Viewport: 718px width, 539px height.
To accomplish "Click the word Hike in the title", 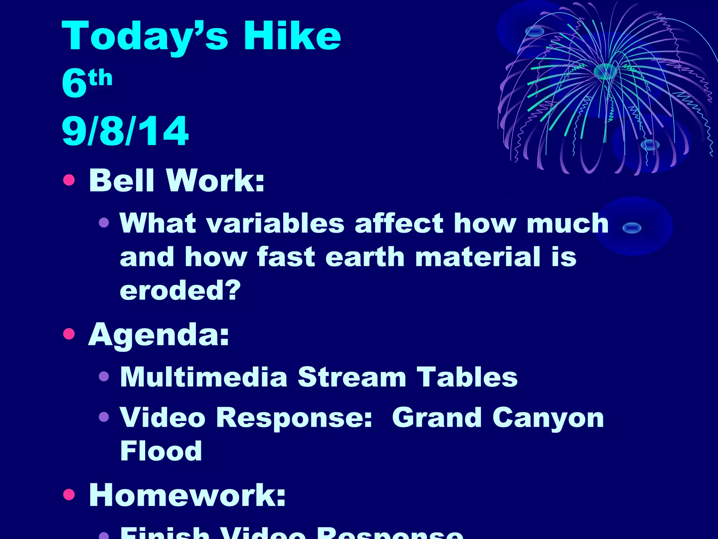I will click(292, 36).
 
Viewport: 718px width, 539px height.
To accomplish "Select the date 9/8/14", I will click(125, 131).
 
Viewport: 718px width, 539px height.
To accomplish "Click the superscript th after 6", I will click(101, 78).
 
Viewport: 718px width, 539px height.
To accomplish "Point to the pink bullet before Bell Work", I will click(69, 180).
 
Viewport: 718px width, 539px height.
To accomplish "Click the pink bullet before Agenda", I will click(69, 334).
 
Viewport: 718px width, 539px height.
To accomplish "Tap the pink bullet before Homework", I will click(69, 494).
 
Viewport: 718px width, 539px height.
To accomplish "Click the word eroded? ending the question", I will click(180, 290).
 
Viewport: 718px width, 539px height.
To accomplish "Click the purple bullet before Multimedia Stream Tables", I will click(104, 377).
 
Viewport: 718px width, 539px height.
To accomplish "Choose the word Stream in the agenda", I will click(352, 377).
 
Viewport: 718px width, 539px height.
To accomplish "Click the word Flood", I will click(161, 451).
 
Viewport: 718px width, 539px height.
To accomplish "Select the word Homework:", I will click(187, 495).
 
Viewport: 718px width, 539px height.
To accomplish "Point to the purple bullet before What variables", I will click(104, 222).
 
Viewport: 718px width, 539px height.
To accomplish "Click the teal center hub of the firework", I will click(605, 71).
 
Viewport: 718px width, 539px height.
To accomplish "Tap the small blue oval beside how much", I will click(632, 228).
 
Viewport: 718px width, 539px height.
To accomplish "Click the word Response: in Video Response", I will click(294, 418).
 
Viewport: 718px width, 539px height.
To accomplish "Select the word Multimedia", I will click(204, 377).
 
